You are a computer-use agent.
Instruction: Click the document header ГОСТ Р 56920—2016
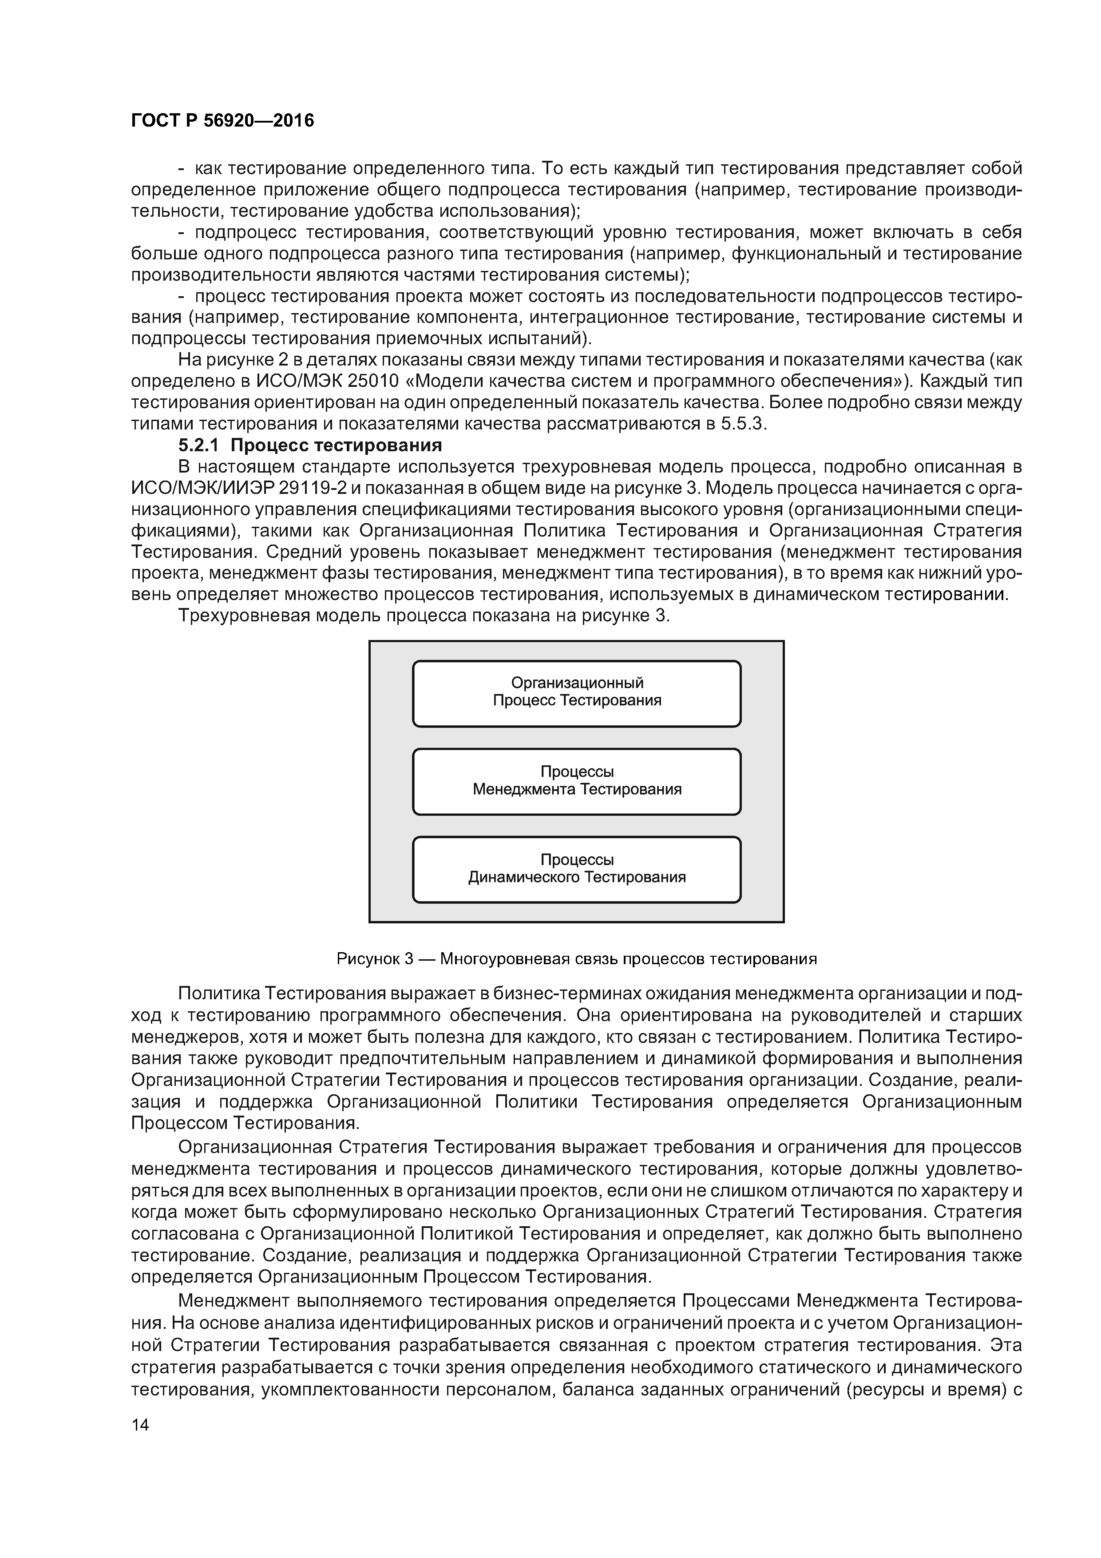tap(222, 121)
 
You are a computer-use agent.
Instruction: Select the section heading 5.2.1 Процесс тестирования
tap(309, 445)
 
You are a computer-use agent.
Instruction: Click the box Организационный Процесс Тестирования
tap(577, 693)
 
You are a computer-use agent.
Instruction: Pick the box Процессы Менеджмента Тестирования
tap(577, 782)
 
